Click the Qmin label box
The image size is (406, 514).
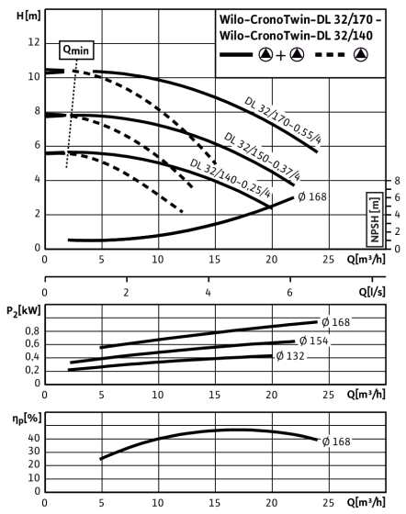point(76,50)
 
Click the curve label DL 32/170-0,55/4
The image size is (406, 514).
point(283,120)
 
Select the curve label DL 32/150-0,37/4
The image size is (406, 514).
point(262,157)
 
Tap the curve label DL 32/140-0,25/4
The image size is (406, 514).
point(231,178)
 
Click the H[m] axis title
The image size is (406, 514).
point(28,16)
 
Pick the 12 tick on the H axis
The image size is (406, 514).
point(33,42)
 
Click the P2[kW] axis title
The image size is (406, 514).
point(24,311)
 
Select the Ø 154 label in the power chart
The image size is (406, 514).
point(313,341)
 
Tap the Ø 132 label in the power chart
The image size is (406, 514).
point(290,356)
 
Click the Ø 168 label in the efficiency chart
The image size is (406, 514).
point(336,441)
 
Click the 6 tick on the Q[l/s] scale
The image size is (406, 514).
point(289,292)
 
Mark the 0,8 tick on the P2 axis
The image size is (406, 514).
point(32,331)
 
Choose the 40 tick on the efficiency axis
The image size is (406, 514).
point(34,439)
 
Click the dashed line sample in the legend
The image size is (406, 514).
point(330,54)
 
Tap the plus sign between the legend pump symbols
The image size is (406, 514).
point(281,56)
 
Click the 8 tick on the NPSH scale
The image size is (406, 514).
point(398,180)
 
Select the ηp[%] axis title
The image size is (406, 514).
point(27,419)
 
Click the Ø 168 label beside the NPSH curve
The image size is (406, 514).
point(312,196)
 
